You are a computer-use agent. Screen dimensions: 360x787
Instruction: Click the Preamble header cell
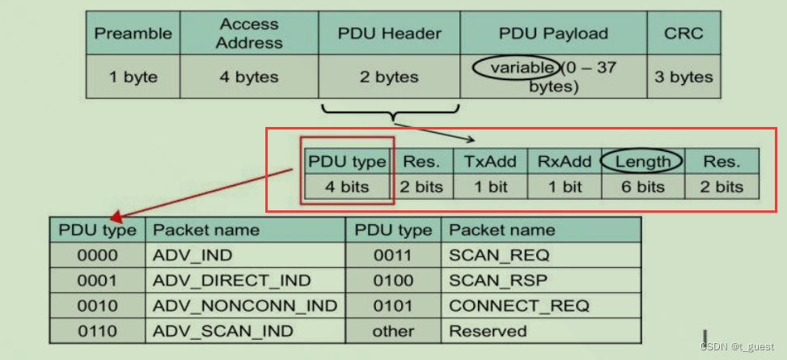click(x=133, y=33)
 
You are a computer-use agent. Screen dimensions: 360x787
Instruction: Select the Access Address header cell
click(x=249, y=33)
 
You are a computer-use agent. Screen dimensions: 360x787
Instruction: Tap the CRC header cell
click(x=683, y=33)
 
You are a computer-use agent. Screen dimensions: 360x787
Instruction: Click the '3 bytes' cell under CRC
click(x=683, y=77)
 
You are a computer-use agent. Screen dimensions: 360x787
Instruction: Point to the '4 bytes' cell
click(x=249, y=77)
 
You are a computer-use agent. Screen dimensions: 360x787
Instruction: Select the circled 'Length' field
click(x=643, y=161)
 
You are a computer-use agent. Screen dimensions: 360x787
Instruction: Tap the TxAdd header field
click(x=490, y=161)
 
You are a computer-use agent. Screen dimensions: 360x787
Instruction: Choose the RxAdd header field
click(x=565, y=161)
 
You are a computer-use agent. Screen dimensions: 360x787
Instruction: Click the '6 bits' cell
click(x=643, y=187)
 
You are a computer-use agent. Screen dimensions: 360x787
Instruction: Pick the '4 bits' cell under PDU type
click(x=348, y=187)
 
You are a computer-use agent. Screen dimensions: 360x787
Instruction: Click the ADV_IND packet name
click(x=193, y=255)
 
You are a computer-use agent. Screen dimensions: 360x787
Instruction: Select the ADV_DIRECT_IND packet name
click(x=231, y=281)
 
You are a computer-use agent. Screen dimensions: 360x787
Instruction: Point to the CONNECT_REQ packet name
click(x=518, y=306)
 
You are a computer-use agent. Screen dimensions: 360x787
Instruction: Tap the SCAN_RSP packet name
click(x=498, y=281)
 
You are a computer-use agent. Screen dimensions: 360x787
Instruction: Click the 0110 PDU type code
click(x=97, y=331)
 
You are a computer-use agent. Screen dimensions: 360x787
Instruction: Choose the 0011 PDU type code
click(x=393, y=255)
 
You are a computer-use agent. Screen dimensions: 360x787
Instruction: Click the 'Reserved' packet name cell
click(x=488, y=331)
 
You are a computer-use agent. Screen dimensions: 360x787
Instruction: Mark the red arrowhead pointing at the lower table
click(x=116, y=217)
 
